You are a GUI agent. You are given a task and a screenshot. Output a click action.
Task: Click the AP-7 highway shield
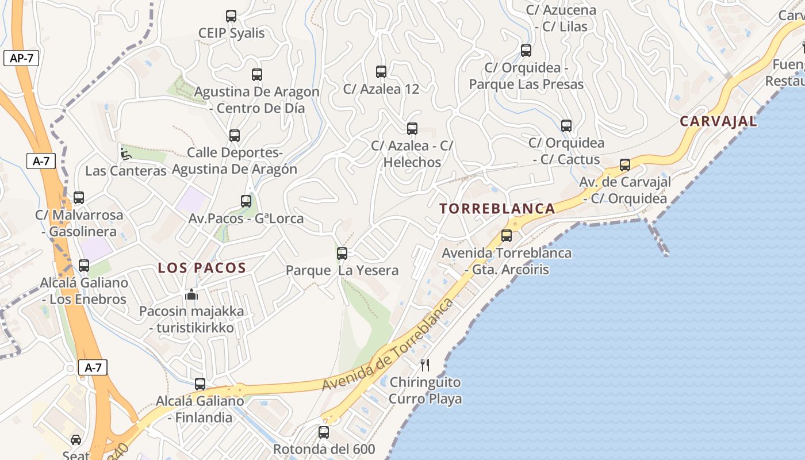pos(21,58)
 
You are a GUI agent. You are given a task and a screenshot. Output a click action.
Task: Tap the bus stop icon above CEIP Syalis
pos(231,16)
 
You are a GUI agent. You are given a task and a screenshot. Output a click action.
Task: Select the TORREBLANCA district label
pos(498,209)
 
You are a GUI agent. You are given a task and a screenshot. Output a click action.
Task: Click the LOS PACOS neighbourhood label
pos(202,268)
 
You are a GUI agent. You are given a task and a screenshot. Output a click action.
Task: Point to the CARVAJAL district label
pos(718,122)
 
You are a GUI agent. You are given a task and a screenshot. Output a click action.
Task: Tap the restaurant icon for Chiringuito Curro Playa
pos(425,365)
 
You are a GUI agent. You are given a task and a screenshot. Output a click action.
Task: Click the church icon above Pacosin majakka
pos(191,294)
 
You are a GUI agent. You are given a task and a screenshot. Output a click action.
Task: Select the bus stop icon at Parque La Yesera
pos(342,253)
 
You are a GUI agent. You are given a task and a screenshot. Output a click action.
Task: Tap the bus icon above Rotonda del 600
pos(324,432)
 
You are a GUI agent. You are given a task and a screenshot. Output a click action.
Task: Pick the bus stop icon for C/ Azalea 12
pos(381,72)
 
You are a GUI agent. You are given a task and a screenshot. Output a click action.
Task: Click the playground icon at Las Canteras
pos(125,154)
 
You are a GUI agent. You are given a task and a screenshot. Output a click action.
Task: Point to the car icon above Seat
pos(76,440)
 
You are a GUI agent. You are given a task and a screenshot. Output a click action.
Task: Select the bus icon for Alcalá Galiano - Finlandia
pos(200,384)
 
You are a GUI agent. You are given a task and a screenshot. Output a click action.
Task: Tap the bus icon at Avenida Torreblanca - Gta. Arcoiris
pos(507,235)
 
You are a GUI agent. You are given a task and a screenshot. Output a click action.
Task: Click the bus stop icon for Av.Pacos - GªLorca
pos(246,201)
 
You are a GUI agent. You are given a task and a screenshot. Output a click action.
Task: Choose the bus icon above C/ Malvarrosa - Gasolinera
pos(79,198)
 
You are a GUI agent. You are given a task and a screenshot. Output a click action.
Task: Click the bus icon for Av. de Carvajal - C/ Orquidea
pos(625,165)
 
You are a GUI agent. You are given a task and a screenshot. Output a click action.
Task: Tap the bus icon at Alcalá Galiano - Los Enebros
pos(84,266)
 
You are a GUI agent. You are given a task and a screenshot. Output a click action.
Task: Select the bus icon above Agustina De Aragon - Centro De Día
pos(257,75)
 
